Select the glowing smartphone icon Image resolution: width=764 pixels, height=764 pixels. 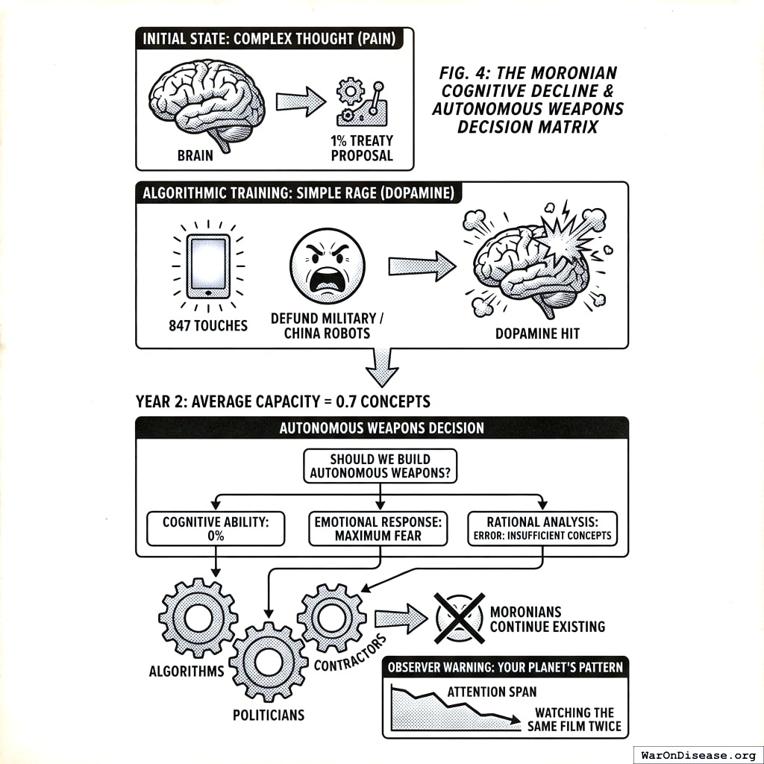click(x=208, y=266)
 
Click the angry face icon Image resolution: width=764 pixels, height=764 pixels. click(x=327, y=266)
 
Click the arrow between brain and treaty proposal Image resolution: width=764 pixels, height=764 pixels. click(x=301, y=101)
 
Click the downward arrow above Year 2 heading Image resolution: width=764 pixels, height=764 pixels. click(x=381, y=365)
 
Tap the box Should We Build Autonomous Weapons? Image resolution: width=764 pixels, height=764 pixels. click(x=381, y=466)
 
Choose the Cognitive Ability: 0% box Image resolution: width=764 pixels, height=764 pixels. click(x=216, y=529)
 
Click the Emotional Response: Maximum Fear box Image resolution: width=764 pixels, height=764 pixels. click(x=378, y=529)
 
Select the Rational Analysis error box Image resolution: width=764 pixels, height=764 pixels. click(x=542, y=529)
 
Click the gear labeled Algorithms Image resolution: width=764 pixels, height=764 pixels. click(x=198, y=617)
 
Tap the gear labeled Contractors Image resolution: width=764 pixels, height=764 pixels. click(x=331, y=617)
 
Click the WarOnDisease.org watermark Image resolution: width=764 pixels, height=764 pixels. click(x=698, y=754)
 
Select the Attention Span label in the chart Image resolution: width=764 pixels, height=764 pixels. click(x=492, y=692)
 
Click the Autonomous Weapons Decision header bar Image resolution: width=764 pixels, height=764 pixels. click(x=381, y=428)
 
